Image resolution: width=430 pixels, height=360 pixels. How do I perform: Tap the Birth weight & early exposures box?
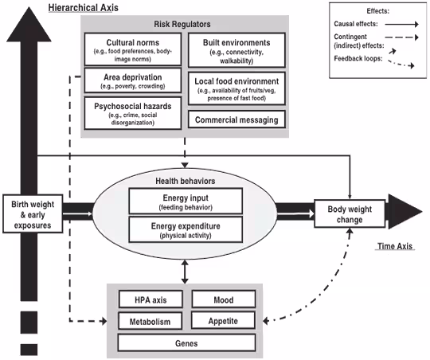[x=33, y=213]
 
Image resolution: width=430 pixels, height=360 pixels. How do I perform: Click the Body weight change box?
[x=347, y=213]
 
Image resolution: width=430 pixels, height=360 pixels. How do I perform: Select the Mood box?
[x=224, y=299]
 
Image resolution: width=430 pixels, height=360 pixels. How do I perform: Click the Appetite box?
[x=224, y=321]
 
